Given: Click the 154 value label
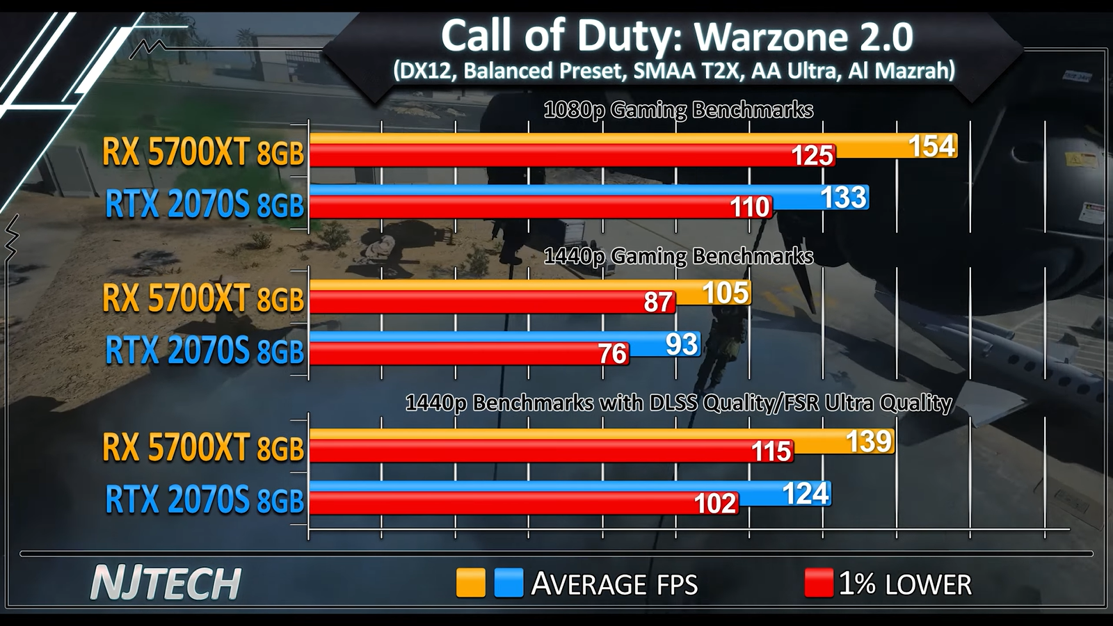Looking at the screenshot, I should [931, 146].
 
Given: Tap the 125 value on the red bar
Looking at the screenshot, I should [812, 156].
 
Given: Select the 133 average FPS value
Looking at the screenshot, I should [844, 198].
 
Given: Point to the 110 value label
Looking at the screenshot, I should [750, 207].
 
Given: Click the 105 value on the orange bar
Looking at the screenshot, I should [726, 293].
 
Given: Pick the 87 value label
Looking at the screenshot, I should [658, 303].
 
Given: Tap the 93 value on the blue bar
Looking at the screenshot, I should [681, 344].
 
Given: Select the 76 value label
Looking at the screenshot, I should [613, 354].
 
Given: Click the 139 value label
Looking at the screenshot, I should [869, 442].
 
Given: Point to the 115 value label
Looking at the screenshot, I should [771, 451].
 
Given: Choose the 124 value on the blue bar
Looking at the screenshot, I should [806, 493].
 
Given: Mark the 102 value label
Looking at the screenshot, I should [715, 503].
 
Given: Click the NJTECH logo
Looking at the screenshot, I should [166, 583].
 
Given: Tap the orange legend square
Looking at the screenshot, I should [470, 583].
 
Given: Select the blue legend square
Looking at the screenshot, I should [509, 583].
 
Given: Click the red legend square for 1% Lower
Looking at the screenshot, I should [818, 583].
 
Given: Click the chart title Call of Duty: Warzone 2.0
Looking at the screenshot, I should [676, 35].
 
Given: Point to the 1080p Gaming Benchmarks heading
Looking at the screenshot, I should [678, 110].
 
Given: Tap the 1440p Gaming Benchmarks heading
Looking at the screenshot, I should [678, 256].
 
